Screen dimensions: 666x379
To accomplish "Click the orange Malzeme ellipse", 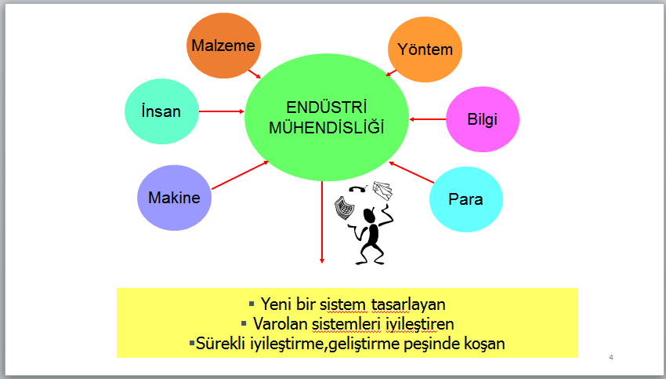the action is (223, 46).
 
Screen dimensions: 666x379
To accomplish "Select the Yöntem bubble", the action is (425, 49).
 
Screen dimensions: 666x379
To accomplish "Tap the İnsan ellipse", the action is (162, 111).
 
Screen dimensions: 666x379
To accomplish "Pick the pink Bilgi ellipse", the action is (483, 119).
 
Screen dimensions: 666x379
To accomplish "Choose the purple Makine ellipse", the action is (174, 198).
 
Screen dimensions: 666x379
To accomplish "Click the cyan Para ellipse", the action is (466, 199).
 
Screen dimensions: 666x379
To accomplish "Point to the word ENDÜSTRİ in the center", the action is (326, 108).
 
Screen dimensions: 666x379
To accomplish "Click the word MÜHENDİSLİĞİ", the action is (326, 128).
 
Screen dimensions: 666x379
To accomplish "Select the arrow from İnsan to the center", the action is (222, 111).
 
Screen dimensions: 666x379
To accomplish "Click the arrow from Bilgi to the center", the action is (427, 119).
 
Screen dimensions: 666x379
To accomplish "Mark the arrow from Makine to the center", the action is (240, 175).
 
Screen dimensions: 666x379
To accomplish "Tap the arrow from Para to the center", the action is (411, 173).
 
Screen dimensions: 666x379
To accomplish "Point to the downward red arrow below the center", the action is (322, 222).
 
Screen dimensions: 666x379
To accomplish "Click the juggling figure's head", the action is (370, 216).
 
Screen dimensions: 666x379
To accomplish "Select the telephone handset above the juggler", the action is (357, 189).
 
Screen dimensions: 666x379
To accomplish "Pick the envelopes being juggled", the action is (382, 190).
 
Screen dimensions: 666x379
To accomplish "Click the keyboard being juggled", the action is (344, 208).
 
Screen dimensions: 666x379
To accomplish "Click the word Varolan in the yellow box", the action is (281, 324).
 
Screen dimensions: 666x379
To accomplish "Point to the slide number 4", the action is (611, 357).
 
